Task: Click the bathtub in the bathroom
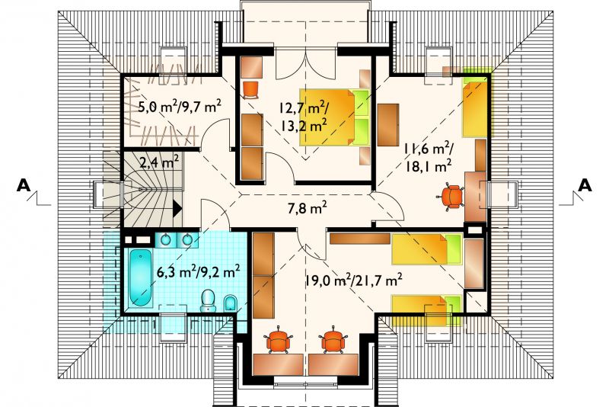pos(140,277)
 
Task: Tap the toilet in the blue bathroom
pos(209,301)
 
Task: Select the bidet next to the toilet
pos(231,303)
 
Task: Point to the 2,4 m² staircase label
pos(159,162)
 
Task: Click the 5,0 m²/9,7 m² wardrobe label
pos(180,106)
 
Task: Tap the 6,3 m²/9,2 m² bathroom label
pos(197,271)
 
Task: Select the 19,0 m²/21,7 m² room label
pos(353,280)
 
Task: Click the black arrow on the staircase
pos(177,208)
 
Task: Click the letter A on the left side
pos(24,185)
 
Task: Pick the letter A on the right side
pos(585,185)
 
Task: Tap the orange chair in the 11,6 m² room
pos(451,197)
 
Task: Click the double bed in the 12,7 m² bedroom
pos(333,117)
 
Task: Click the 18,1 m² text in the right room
pos(429,166)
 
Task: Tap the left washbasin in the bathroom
pos(166,239)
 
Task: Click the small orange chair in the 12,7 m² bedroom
pos(250,90)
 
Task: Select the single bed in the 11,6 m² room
pos(474,107)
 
